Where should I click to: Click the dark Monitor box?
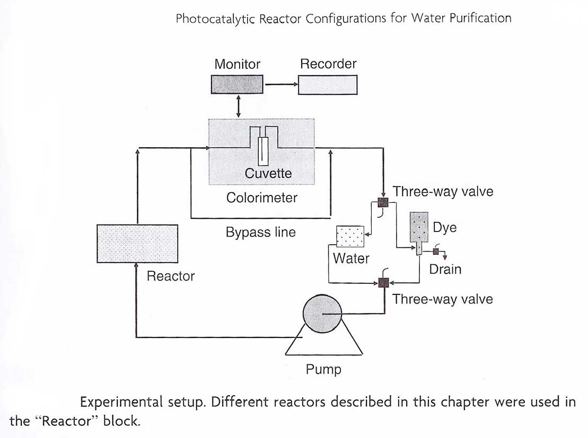pos(238,85)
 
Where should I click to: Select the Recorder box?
pos(328,85)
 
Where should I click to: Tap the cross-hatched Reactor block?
pos(137,243)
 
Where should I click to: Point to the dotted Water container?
pos(350,237)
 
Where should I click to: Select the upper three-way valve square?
pos(382,203)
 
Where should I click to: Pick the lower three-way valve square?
pos(382,283)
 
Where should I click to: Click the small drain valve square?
pos(436,252)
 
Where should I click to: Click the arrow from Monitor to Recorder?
pos(281,85)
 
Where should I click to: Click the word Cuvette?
pos(268,173)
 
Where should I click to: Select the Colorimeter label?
pos(262,198)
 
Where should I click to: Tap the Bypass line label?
pos(261,233)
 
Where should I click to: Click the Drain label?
pos(445,269)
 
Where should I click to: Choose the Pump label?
pos(323,369)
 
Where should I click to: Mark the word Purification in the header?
pos(480,18)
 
